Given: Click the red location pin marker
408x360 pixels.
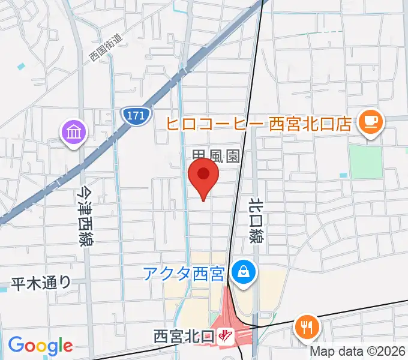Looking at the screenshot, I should pyautogui.click(x=203, y=175).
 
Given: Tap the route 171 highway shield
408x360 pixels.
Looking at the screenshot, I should pyautogui.click(x=135, y=116).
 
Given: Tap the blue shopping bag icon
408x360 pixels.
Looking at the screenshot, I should pyautogui.click(x=244, y=272).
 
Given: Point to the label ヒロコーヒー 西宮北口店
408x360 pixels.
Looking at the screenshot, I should pyautogui.click(x=259, y=124).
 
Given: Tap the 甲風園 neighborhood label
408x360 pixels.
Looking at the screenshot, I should pyautogui.click(x=216, y=157).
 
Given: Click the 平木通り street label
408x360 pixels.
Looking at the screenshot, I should pyautogui.click(x=40, y=283).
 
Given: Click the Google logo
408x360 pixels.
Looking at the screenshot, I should pyautogui.click(x=40, y=345).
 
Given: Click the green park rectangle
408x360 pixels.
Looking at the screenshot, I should pyautogui.click(x=365, y=162).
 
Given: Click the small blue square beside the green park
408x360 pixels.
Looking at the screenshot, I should pyautogui.click(x=343, y=175).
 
